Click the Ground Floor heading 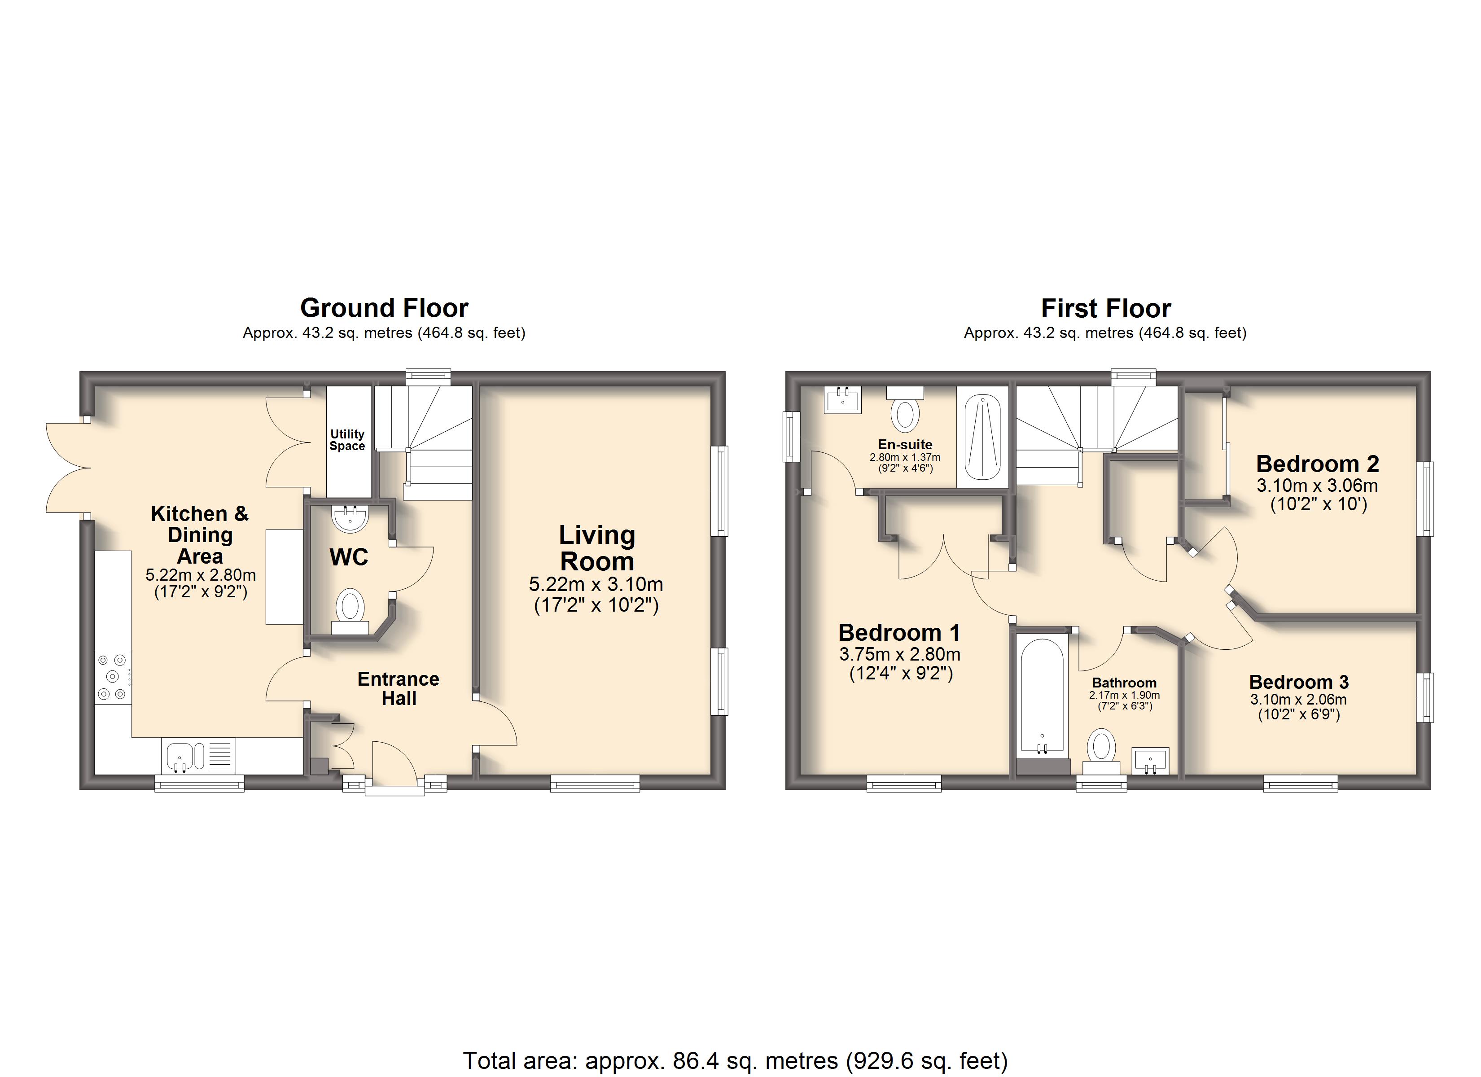(384, 308)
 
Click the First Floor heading (1105, 308)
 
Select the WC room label (349, 557)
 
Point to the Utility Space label (347, 440)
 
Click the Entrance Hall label (399, 688)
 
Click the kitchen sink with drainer (198, 756)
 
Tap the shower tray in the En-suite (982, 436)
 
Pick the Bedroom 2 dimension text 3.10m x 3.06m (1317, 486)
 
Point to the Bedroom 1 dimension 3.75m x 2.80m (900, 654)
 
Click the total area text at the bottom (735, 1061)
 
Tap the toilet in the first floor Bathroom (1101, 752)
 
